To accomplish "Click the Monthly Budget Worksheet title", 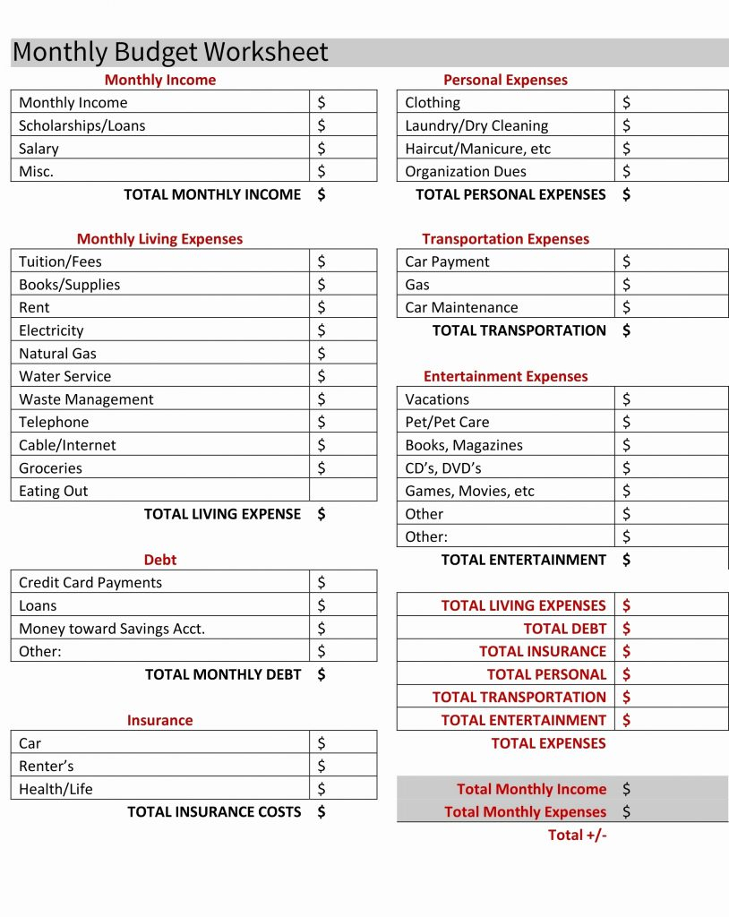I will point(170,52).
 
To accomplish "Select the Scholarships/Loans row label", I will point(81,125).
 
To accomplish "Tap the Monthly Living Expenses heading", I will point(159,239).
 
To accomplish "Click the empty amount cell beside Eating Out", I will point(343,490).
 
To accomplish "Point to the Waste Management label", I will point(86,399).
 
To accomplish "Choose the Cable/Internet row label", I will point(67,445).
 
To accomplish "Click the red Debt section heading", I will point(160,560).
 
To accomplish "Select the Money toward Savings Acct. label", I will point(112,629).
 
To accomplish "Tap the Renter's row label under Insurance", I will point(47,766).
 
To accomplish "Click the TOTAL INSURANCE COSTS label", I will point(214,811).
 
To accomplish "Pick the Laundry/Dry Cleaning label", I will point(476,125).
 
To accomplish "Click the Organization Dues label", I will point(466,171).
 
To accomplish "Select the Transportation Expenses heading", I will point(506,239).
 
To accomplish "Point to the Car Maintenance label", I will point(461,307).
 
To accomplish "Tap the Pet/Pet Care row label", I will point(447,422).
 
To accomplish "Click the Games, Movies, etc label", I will point(469,491).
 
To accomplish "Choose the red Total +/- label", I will point(577,835).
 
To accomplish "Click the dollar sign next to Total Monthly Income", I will point(626,789).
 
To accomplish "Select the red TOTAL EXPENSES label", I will point(548,743).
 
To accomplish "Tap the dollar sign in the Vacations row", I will point(626,399).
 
